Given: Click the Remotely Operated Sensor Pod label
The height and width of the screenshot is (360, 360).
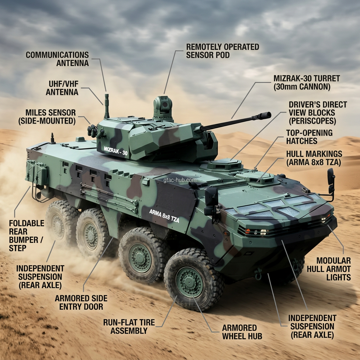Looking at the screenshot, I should pyautogui.click(x=223, y=51).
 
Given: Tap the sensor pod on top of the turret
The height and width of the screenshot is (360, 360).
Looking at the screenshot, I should pyautogui.click(x=163, y=105).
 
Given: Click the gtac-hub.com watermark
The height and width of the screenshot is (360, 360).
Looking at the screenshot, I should pyautogui.click(x=180, y=180).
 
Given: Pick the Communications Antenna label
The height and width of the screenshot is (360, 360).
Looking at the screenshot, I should pyautogui.click(x=57, y=59).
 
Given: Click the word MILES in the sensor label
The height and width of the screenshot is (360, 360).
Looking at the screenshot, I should pyautogui.click(x=35, y=113).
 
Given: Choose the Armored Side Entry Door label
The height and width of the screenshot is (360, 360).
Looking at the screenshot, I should pyautogui.click(x=81, y=302).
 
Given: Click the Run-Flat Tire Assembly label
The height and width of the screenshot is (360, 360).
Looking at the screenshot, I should pyautogui.click(x=125, y=326).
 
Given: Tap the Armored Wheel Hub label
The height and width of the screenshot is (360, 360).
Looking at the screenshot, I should pyautogui.click(x=242, y=332).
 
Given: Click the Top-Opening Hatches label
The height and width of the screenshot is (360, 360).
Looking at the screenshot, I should pyautogui.click(x=309, y=137).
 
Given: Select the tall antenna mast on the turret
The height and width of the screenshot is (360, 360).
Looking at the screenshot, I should pyautogui.click(x=107, y=105).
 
